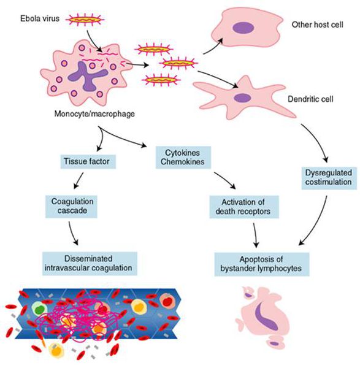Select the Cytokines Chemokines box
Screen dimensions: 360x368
click(x=183, y=157)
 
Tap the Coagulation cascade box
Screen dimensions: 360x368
click(x=71, y=207)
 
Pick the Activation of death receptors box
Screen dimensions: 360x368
click(x=244, y=207)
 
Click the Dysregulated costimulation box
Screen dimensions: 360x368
click(x=329, y=178)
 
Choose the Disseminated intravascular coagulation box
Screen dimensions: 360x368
click(x=90, y=264)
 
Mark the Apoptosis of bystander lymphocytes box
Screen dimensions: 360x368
click(x=262, y=264)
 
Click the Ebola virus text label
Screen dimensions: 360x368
click(x=40, y=18)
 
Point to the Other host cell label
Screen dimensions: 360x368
click(x=317, y=25)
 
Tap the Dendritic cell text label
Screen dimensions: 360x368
click(x=310, y=99)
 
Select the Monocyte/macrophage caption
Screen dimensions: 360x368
click(x=94, y=114)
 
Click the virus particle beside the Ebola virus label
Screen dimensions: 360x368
click(x=85, y=20)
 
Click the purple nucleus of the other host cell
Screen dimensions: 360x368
click(x=243, y=28)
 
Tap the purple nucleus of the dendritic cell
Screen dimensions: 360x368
click(x=243, y=98)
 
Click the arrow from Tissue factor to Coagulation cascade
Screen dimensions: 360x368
click(x=79, y=180)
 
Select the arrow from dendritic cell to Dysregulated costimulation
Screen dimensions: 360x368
click(x=317, y=141)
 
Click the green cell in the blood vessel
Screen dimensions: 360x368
click(x=39, y=309)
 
